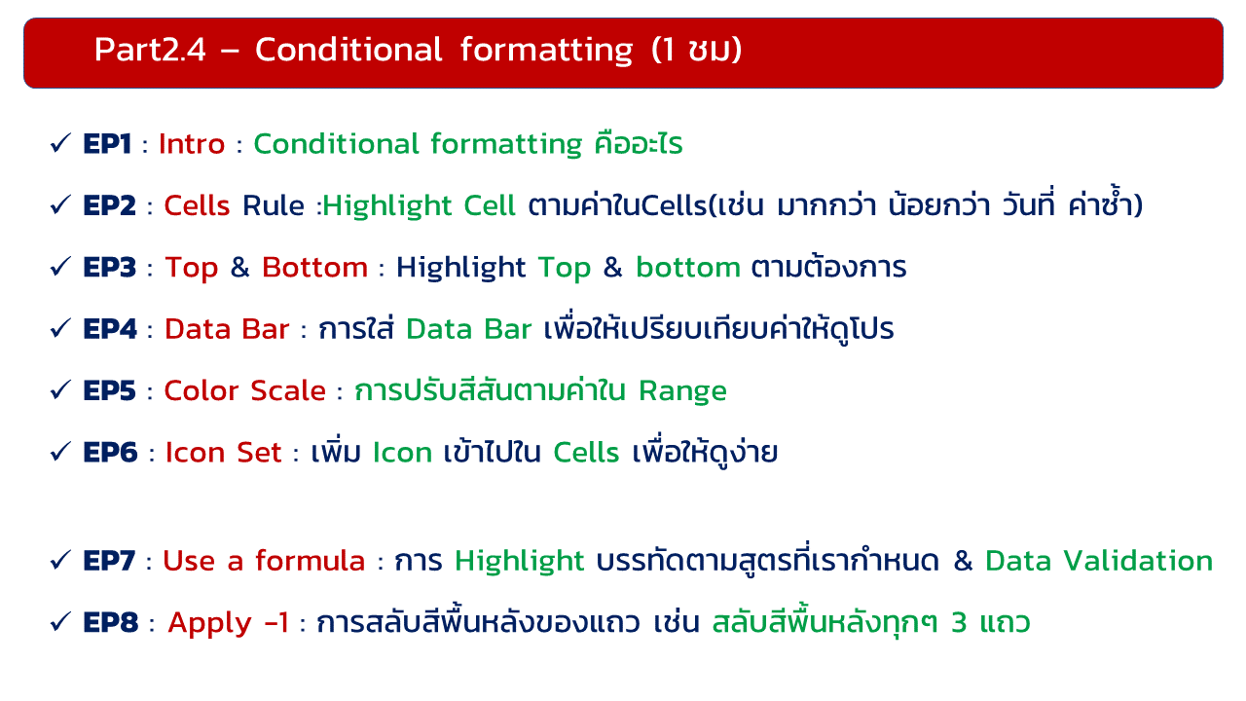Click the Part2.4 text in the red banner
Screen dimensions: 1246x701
(150, 50)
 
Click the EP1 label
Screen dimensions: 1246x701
(107, 144)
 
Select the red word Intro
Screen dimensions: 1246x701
(192, 144)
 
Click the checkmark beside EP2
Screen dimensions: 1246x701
(60, 204)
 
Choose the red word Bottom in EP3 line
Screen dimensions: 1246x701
(314, 268)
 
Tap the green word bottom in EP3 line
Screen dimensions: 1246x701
(688, 268)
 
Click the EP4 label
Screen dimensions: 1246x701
(110, 329)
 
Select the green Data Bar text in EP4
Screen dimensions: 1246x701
(469, 329)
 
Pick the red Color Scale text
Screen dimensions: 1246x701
(244, 390)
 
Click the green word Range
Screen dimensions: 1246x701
(682, 392)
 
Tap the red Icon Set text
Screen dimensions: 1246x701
(224, 453)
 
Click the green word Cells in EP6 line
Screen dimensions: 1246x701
(586, 453)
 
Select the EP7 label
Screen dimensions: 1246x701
(109, 561)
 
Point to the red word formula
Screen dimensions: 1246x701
(311, 560)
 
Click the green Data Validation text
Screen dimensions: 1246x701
(1099, 561)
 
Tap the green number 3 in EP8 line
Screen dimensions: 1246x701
(959, 623)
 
